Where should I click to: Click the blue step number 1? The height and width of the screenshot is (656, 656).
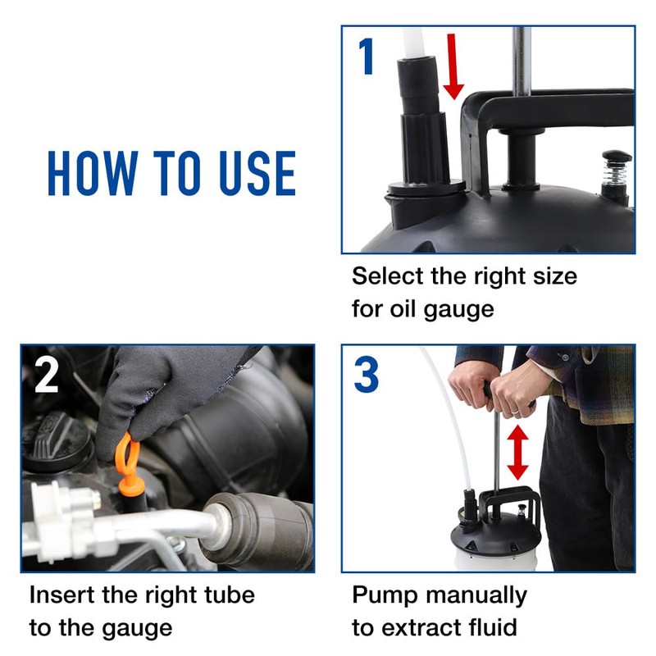tap(367, 57)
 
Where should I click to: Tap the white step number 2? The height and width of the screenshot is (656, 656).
tap(46, 376)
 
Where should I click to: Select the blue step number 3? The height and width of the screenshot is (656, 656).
tap(367, 375)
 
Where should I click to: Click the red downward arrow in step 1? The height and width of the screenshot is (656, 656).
tap(453, 66)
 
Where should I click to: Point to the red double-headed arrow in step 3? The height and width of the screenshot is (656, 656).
tap(518, 453)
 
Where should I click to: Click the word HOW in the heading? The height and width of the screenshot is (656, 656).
tap(93, 173)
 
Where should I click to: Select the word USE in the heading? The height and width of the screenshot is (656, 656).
tap(257, 173)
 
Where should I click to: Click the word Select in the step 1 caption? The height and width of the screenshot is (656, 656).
tap(388, 276)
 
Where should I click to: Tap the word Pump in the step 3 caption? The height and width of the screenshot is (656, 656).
tap(385, 596)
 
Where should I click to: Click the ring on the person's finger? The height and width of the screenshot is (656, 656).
tap(517, 412)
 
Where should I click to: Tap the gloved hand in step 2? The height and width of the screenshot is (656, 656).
tap(167, 389)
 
